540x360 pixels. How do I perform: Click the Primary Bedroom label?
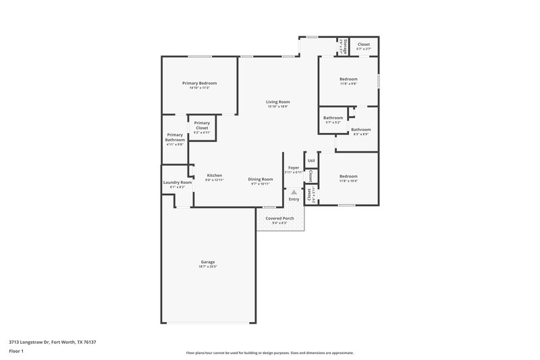click(x=199, y=83)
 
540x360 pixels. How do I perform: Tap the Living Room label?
click(x=277, y=102)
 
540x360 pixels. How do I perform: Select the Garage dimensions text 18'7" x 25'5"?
click(x=208, y=267)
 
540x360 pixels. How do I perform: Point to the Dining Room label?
click(x=261, y=179)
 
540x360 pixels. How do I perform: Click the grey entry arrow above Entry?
click(x=294, y=192)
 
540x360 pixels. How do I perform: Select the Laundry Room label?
click(x=178, y=182)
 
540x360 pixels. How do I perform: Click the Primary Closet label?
click(x=202, y=126)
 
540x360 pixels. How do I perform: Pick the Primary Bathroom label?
click(x=175, y=136)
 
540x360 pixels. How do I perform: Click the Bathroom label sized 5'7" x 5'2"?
click(x=333, y=118)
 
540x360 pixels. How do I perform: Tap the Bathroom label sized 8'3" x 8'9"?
click(x=360, y=129)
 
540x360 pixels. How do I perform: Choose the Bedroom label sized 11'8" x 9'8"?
click(x=348, y=79)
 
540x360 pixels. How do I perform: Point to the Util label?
click(x=311, y=161)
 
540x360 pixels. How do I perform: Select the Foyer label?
click(x=294, y=168)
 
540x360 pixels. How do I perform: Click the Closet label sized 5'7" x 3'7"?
click(x=363, y=45)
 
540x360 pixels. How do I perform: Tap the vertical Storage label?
click(x=344, y=47)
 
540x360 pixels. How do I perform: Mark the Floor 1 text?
click(x=16, y=352)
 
